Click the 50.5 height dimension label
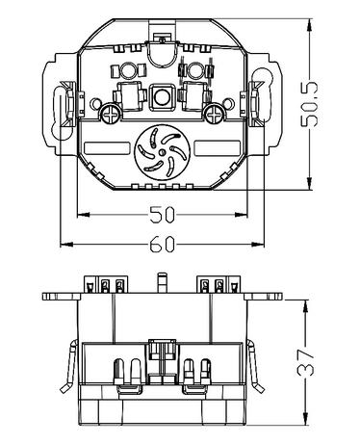coord(309,104)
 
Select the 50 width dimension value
coord(163,215)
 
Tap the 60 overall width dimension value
coord(163,244)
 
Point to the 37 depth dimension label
coord(305,362)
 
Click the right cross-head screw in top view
coord(214,113)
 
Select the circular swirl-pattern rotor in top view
coord(163,152)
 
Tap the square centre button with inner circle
coord(163,97)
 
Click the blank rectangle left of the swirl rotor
coord(107,148)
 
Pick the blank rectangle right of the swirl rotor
coord(218,148)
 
